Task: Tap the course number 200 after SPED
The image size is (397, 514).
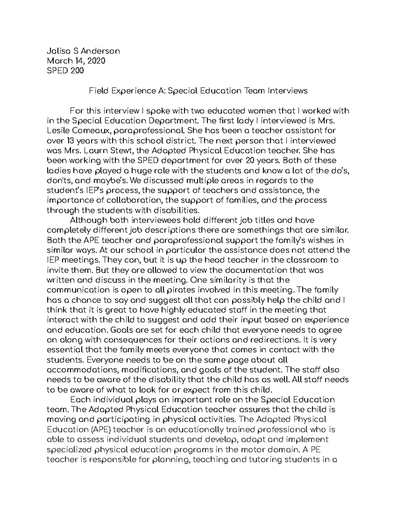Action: point(77,71)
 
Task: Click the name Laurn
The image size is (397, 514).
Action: point(94,151)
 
